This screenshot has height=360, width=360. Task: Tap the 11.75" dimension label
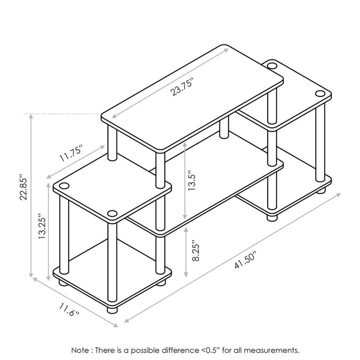pyautogui.click(x=71, y=153)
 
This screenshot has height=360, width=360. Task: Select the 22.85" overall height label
pyautogui.click(x=23, y=187)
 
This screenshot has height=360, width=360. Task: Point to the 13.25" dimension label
pyautogui.click(x=42, y=226)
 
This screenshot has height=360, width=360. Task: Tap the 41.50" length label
pyautogui.click(x=245, y=260)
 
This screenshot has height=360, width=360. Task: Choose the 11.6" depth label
pyautogui.click(x=69, y=309)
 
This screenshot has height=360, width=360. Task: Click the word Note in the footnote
pyautogui.click(x=80, y=351)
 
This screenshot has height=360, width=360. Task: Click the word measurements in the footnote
pyautogui.click(x=272, y=351)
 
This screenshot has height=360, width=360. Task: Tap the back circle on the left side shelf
pyautogui.click(x=64, y=185)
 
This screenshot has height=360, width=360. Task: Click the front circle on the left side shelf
pyautogui.click(x=112, y=213)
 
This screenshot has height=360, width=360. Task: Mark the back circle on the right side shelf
pyautogui.click(x=272, y=66)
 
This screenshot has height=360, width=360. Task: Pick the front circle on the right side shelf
pyautogui.click(x=320, y=94)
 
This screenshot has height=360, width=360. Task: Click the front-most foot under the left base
pyautogui.click(x=112, y=310)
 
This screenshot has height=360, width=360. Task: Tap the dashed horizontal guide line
pyautogui.click(x=61, y=114)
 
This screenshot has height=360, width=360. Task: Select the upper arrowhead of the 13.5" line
pyautogui.click(x=185, y=144)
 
